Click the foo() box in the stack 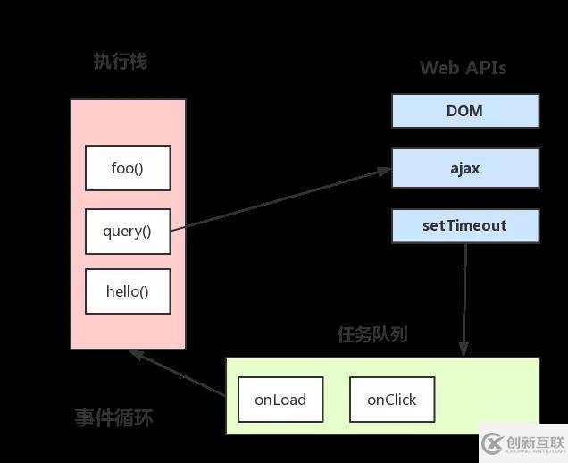pyautogui.click(x=128, y=168)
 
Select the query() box pyautogui.click(x=128, y=231)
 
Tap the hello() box pyautogui.click(x=128, y=291)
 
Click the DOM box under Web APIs pyautogui.click(x=465, y=111)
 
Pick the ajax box pyautogui.click(x=465, y=168)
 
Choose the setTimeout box pyautogui.click(x=465, y=225)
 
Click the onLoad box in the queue pyautogui.click(x=280, y=400)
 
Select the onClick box pyautogui.click(x=392, y=400)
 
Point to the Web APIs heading pyautogui.click(x=464, y=68)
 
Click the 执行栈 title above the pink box pyautogui.click(x=121, y=62)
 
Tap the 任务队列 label pyautogui.click(x=372, y=334)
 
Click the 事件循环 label pyautogui.click(x=114, y=417)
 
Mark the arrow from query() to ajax pyautogui.click(x=281, y=199)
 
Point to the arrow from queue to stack pyautogui.click(x=179, y=373)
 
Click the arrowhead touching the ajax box pyautogui.click(x=385, y=170)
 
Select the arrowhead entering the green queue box pyautogui.click(x=464, y=351)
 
